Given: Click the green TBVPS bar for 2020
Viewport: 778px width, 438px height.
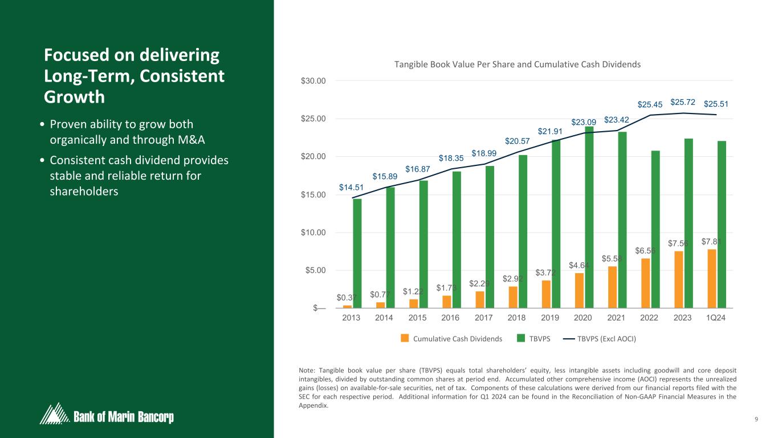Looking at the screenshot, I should pyautogui.click(x=589, y=217).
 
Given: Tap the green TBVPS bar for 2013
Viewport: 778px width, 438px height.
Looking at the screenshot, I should pyautogui.click(x=357, y=253).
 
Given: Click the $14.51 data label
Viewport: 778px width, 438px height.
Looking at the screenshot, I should pyautogui.click(x=352, y=187).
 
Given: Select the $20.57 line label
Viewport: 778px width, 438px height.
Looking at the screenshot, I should pyautogui.click(x=517, y=141).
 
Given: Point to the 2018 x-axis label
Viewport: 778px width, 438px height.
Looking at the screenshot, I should pyautogui.click(x=516, y=318).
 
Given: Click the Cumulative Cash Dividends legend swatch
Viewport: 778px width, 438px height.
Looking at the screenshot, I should pyautogui.click(x=405, y=338).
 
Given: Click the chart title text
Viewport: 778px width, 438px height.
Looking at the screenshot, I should pyautogui.click(x=518, y=64).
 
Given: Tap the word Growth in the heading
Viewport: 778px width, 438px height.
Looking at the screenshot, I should pyautogui.click(x=74, y=97).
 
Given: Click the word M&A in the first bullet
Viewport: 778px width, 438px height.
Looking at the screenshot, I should pyautogui.click(x=190, y=140).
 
